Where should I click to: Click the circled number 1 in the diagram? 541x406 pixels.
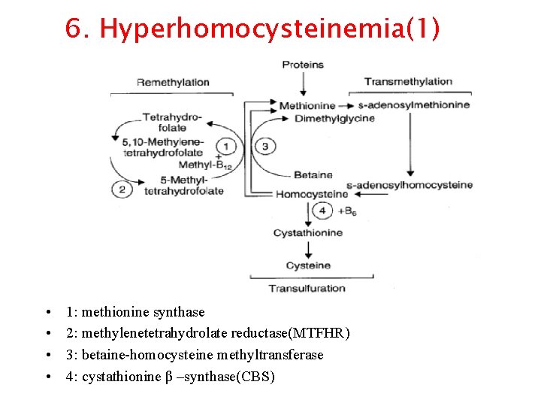coord(227,146)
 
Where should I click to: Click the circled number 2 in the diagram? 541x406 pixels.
coord(122,189)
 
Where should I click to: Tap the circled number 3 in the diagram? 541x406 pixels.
coord(264,146)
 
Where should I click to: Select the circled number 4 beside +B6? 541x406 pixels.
coord(322,211)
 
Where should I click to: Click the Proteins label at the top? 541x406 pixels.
coord(303,65)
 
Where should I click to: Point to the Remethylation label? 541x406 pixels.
coord(172,82)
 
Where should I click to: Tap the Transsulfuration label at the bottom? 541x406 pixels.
coord(307,288)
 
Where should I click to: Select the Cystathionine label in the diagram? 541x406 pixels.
coord(308,233)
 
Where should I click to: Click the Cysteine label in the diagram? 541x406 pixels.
coord(308,265)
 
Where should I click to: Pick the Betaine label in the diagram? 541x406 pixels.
coord(313,174)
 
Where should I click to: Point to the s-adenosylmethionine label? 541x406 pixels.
coord(414,105)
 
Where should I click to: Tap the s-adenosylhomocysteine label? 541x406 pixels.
coord(410,185)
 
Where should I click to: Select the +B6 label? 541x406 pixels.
coord(346,212)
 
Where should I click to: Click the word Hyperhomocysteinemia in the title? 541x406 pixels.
coord(248,29)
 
